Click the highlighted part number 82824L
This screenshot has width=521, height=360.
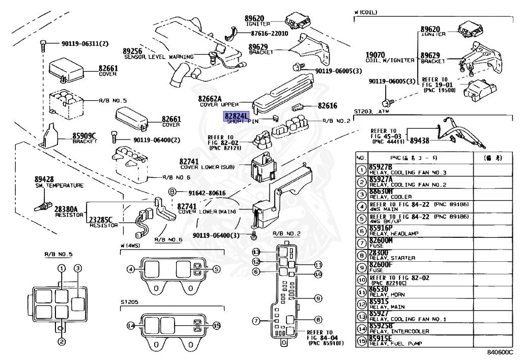[x=236, y=116]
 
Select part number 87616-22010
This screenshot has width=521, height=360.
[x=269, y=34]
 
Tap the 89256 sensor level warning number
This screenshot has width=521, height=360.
[x=132, y=51]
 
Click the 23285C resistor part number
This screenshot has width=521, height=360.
[x=101, y=219]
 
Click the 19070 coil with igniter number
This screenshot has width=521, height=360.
[x=375, y=55]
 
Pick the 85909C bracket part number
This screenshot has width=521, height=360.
[x=84, y=135]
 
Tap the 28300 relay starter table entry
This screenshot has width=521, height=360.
[x=379, y=252]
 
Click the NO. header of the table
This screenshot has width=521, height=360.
[x=361, y=158]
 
